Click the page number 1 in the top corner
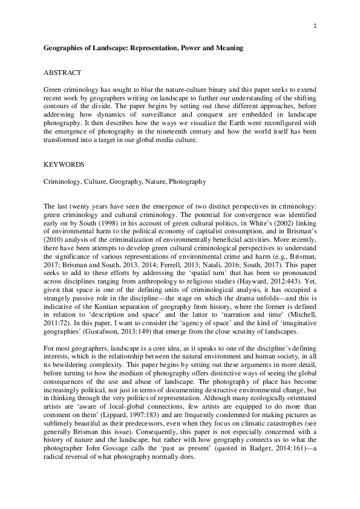[x=315, y=26]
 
